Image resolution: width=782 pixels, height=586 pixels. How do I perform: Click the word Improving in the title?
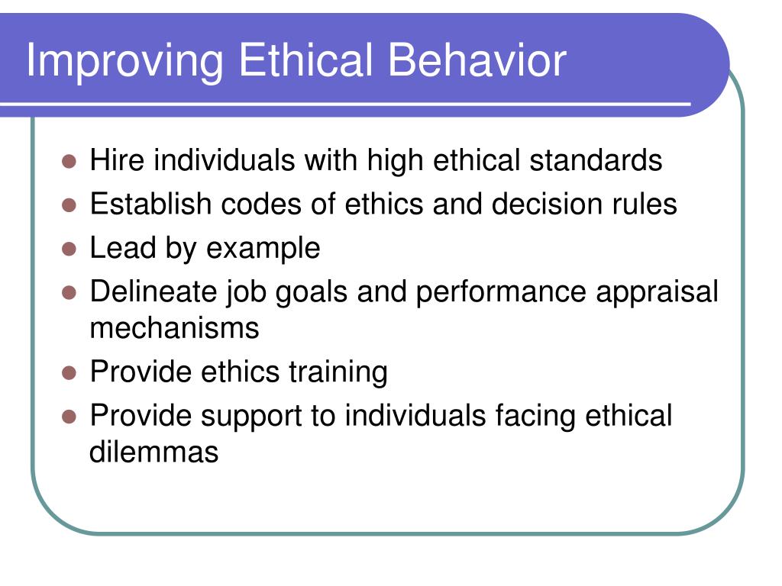pos(124,62)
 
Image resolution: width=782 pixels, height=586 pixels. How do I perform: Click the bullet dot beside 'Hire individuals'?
pos(69,162)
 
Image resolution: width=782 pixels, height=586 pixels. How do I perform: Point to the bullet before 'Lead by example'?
pos(69,249)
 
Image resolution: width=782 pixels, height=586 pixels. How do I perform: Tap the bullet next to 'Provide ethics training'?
pos(69,372)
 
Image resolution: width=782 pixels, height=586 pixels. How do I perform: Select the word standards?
pos(596,160)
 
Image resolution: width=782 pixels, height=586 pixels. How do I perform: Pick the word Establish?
pos(150,204)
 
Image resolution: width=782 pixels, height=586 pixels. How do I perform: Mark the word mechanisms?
pos(175,328)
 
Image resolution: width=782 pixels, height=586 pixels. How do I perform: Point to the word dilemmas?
pos(154,452)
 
